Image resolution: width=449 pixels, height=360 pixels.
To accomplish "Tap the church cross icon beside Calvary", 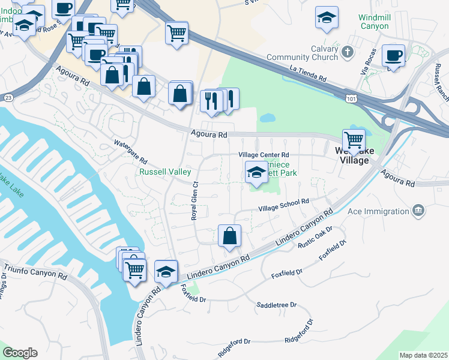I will [347, 53].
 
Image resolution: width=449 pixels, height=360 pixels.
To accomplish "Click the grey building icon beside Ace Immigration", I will [418, 210].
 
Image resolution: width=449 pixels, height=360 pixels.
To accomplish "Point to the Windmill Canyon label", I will [374, 22].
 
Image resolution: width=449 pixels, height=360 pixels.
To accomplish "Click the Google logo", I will [20, 353].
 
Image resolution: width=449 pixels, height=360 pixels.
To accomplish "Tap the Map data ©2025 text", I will [423, 355].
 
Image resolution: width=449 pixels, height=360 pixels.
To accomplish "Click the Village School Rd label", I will [283, 205].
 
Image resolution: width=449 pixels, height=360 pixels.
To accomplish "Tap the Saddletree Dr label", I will [277, 305].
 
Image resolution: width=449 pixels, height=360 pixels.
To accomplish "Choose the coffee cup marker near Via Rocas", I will [393, 56].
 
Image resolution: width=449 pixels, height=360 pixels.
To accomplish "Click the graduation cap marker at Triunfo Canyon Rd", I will [166, 272].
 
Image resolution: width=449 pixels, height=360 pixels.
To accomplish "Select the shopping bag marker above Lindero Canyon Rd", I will [229, 236].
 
